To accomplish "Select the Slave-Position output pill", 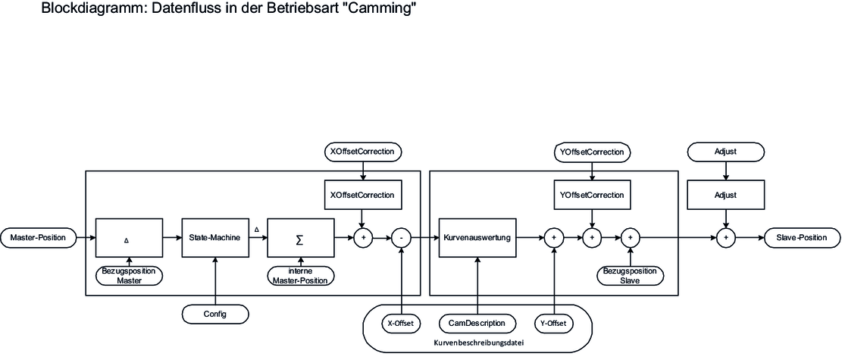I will pos(802,238).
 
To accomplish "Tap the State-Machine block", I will pos(215,238).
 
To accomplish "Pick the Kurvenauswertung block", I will pos(477,238).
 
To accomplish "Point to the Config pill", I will pos(216,311).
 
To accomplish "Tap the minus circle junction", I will pos(401,238).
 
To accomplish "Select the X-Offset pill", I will pos(400,323).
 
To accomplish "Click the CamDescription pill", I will pos(477,323).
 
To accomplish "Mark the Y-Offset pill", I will pos(554,323).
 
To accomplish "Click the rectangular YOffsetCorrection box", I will pos(592,195).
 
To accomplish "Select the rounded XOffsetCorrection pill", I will pos(362,152).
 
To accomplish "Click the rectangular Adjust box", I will pos(726,195).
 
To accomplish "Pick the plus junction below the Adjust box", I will pos(726,238).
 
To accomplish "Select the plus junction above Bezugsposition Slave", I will pos(630,238).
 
